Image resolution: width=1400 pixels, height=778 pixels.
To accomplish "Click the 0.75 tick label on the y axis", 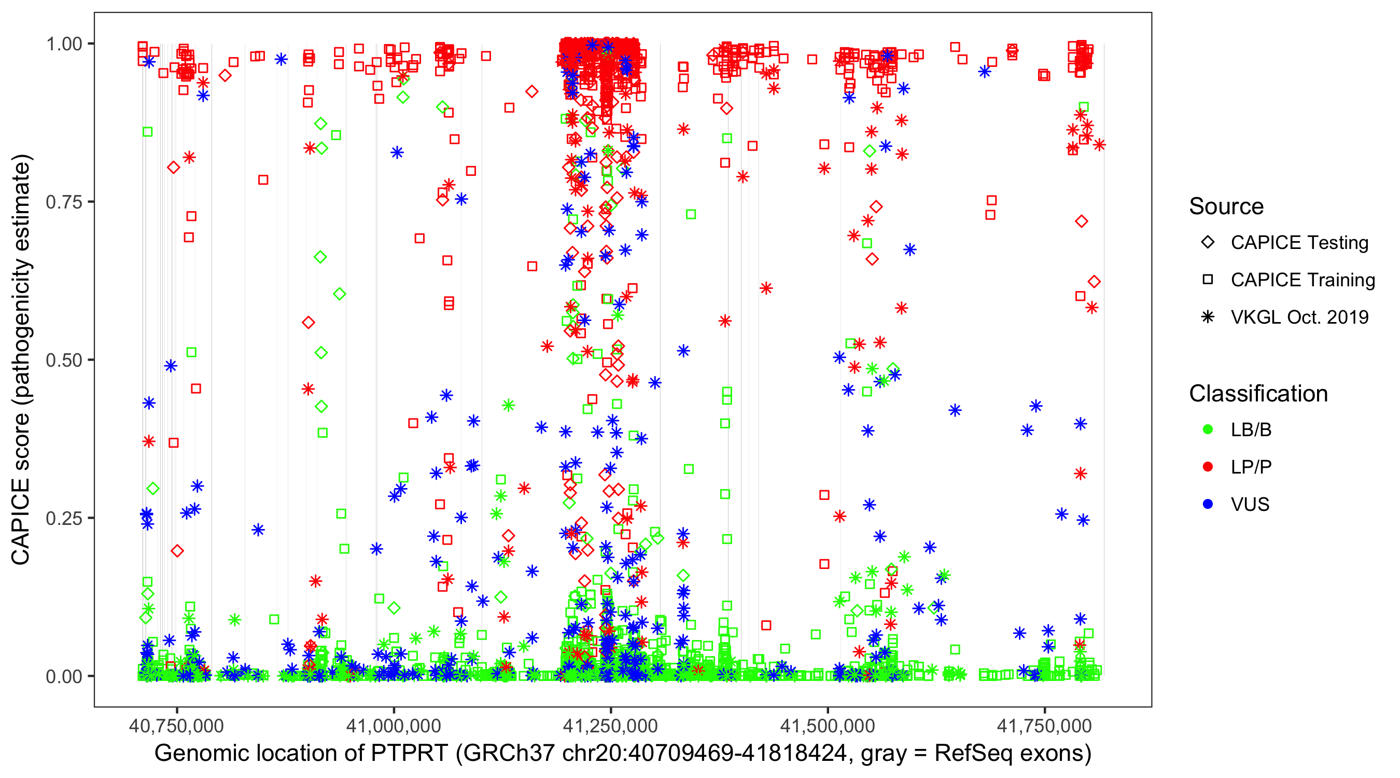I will tap(64, 202).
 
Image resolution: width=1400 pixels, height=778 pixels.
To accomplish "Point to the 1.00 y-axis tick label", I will tap(64, 44).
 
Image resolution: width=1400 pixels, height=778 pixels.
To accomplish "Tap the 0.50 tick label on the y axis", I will tap(64, 360).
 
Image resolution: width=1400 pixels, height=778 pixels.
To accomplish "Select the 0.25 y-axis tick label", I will tap(64, 518).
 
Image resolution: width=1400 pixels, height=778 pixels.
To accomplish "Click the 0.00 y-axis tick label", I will tap(64, 676).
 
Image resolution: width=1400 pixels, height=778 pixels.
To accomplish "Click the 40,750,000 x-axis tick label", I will tap(176, 726).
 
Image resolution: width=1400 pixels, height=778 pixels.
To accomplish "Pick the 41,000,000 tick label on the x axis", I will tap(394, 726).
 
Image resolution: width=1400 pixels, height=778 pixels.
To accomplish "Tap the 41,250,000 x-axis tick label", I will tap(610, 726).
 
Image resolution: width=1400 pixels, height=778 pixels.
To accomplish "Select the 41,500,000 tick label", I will tap(828, 726).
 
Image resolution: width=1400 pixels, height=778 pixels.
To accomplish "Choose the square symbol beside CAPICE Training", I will tap(1208, 280).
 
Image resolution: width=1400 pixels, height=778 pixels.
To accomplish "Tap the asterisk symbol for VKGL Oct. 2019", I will tap(1208, 317).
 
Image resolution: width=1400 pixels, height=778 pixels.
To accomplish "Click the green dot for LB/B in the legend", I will tap(1208, 429).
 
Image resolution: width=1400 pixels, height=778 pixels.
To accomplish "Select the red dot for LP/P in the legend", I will tap(1208, 467).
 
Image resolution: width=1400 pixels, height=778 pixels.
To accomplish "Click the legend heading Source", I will tap(1226, 206).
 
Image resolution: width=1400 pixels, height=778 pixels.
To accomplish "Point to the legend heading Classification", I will tap(1258, 394).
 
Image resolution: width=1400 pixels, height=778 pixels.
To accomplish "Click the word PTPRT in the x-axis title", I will tap(409, 754).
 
